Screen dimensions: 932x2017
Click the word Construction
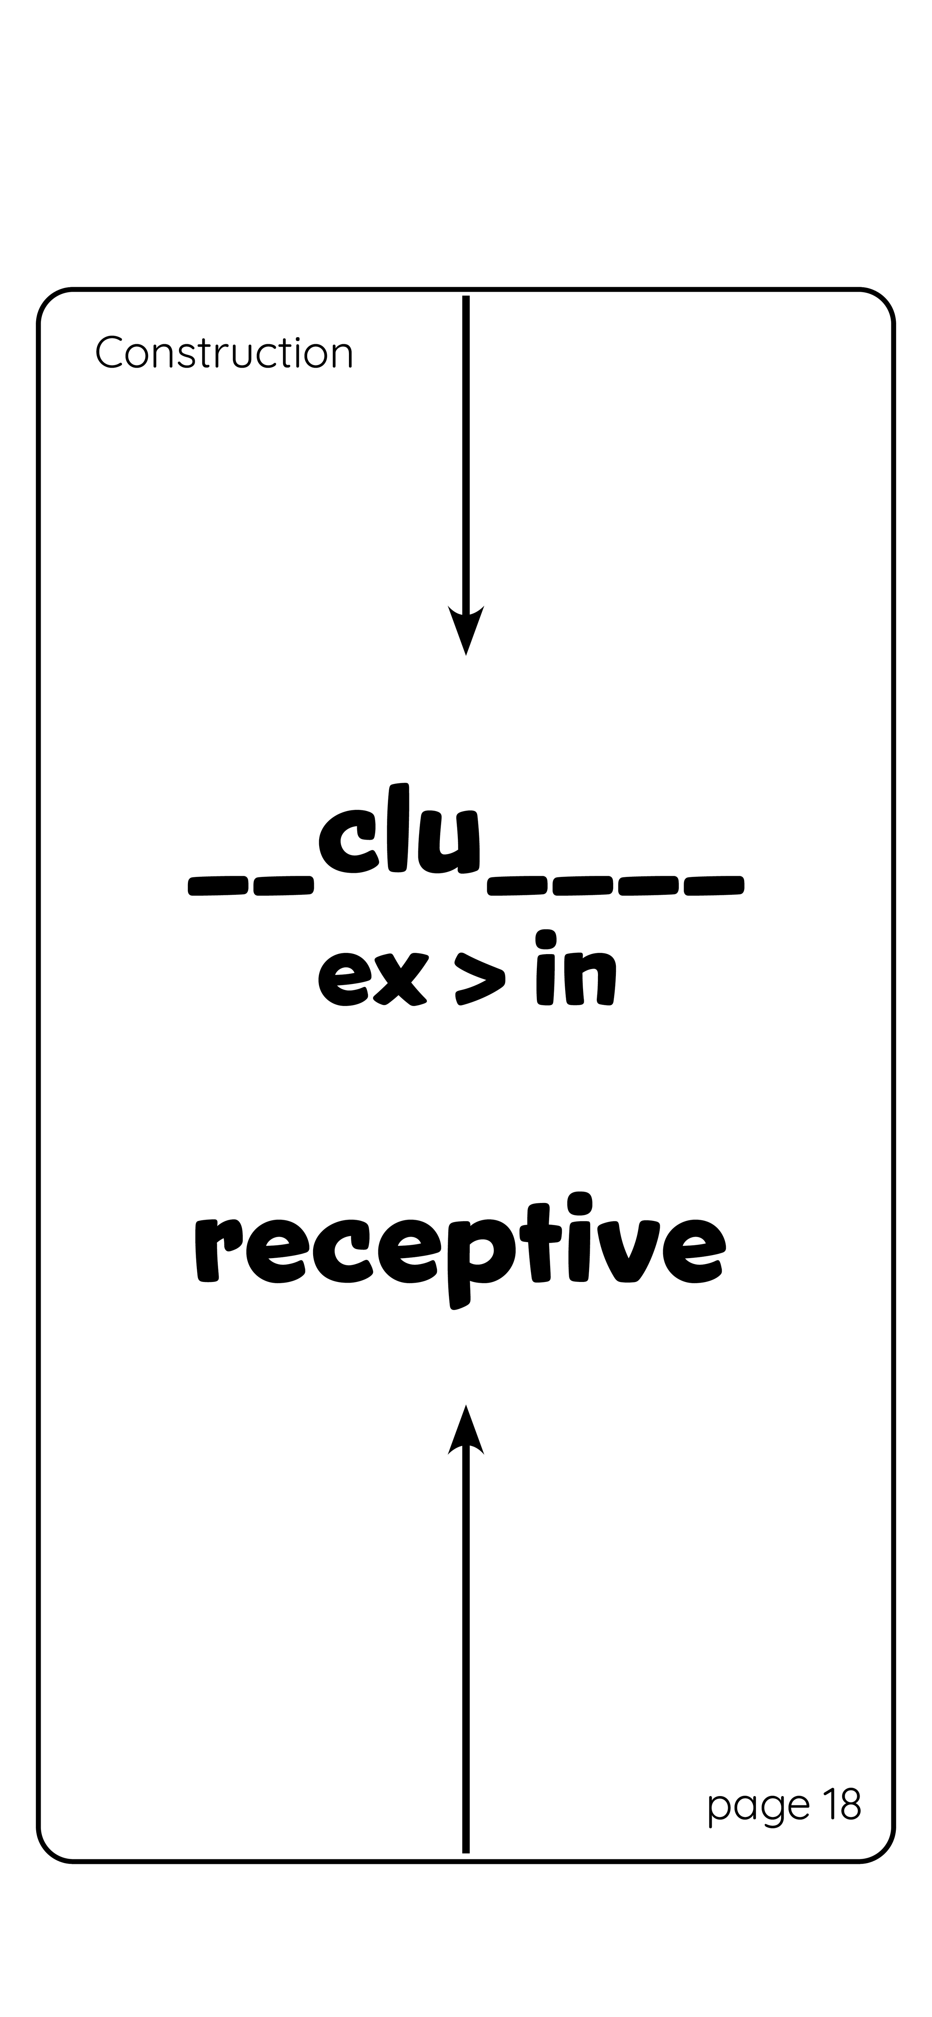click(x=224, y=353)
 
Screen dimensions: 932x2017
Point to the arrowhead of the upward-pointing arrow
click(x=466, y=1433)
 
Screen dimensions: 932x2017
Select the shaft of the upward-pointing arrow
click(x=466, y=1644)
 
